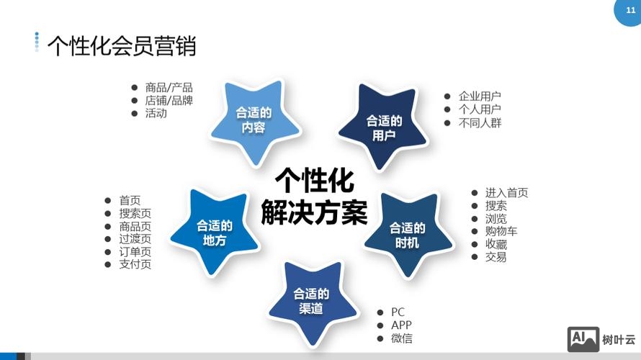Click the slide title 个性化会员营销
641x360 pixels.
[121, 45]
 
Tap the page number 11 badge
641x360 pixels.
[622, 10]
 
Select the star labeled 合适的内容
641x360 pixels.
[254, 120]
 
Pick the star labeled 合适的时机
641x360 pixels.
[407, 235]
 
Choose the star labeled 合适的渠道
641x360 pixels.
[311, 301]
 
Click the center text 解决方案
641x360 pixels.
[315, 212]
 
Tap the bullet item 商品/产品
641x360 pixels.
[169, 87]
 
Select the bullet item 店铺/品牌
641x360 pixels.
[169, 100]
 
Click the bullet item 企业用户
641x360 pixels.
[480, 96]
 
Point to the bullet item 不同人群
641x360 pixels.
[480, 122]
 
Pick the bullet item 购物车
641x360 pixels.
[501, 231]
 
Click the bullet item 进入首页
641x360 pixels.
[506, 192]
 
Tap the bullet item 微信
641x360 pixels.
[402, 338]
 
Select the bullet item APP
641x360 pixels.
[401, 325]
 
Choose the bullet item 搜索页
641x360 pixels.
[135, 214]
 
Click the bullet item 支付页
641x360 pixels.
[135, 265]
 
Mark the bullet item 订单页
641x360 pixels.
[135, 252]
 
